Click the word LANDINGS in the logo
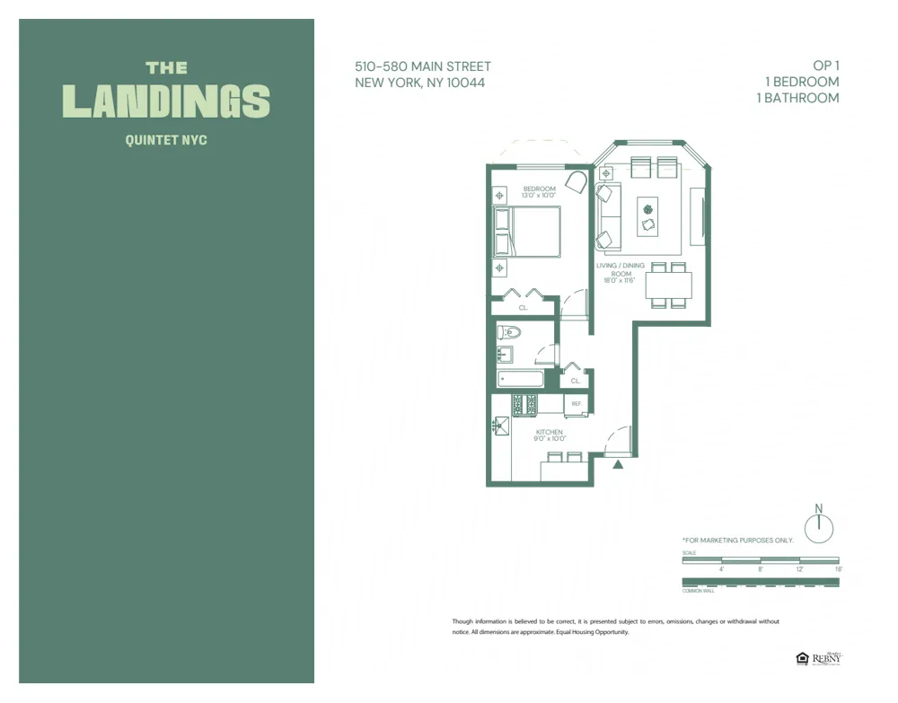(166, 101)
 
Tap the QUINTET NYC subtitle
(166, 140)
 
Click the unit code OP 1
(825, 66)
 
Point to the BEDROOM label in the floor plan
(539, 189)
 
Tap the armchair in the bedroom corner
(576, 182)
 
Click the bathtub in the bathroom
(520, 379)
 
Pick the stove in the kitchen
(524, 405)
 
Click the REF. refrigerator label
(577, 404)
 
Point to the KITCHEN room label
(549, 433)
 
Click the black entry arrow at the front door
(618, 464)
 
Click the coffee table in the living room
(647, 216)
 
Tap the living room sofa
(608, 216)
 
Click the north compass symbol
(818, 528)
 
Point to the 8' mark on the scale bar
(761, 568)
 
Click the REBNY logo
(826, 659)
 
